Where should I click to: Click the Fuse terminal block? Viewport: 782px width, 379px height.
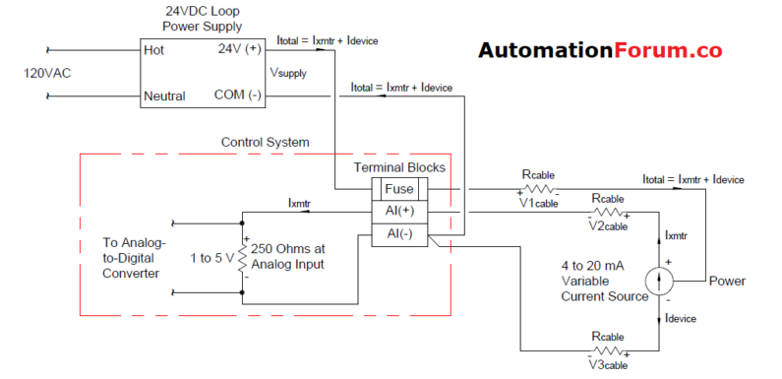(398, 189)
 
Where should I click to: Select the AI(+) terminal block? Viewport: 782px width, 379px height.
(398, 212)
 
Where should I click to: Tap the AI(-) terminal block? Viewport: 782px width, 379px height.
(398, 233)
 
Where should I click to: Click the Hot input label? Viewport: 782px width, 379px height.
(153, 49)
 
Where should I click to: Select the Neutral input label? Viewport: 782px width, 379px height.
(164, 96)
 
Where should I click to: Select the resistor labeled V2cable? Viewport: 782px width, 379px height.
(607, 212)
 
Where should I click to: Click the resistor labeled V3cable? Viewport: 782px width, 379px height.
(607, 349)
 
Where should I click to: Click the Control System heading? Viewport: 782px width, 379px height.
(265, 143)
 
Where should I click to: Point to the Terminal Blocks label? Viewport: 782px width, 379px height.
(399, 167)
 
